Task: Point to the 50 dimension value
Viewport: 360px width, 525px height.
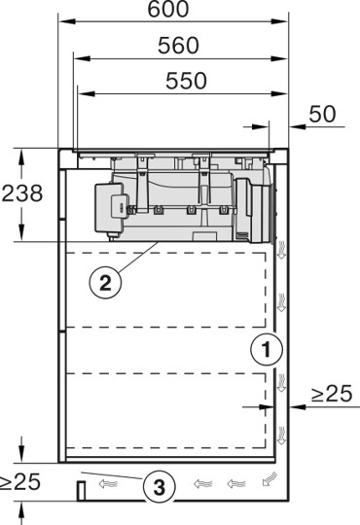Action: [322, 114]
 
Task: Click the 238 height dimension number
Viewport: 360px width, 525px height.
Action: [22, 193]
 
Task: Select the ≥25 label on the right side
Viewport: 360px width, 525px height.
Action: [332, 394]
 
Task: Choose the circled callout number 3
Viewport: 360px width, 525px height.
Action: [160, 484]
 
